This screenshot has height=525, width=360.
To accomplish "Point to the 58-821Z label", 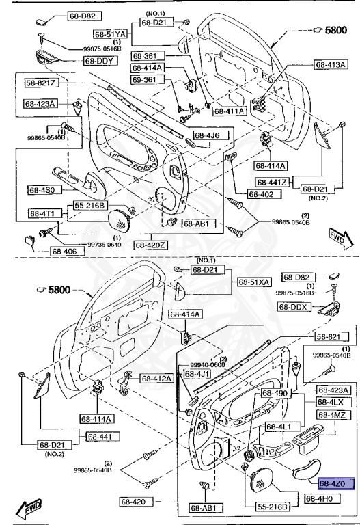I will pyautogui.click(x=42, y=83).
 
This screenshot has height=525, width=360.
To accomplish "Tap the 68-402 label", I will pyautogui.click(x=260, y=194).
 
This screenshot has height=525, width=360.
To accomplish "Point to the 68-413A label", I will pyautogui.click(x=331, y=65).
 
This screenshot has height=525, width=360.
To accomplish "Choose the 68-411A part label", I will pyautogui.click(x=230, y=111).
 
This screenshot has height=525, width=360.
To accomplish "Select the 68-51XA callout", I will pyautogui.click(x=255, y=282).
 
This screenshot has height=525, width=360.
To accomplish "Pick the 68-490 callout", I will pyautogui.click(x=276, y=394).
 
